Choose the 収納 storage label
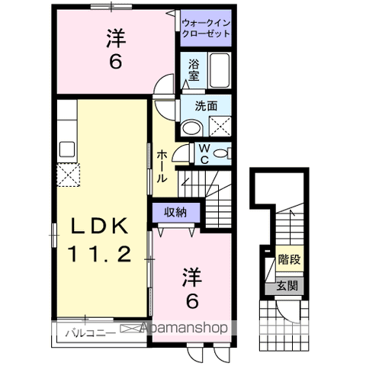175,211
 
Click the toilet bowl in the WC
221,154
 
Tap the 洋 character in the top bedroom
115,37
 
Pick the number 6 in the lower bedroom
192,301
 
